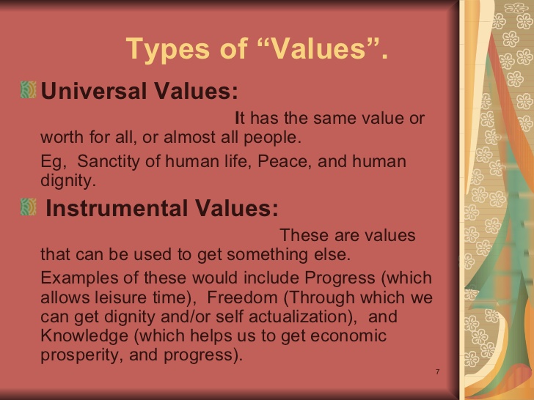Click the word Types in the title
point(163,50)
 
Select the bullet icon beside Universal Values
point(29,91)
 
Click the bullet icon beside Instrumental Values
point(29,208)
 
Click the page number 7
point(437,373)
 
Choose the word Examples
point(76,279)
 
